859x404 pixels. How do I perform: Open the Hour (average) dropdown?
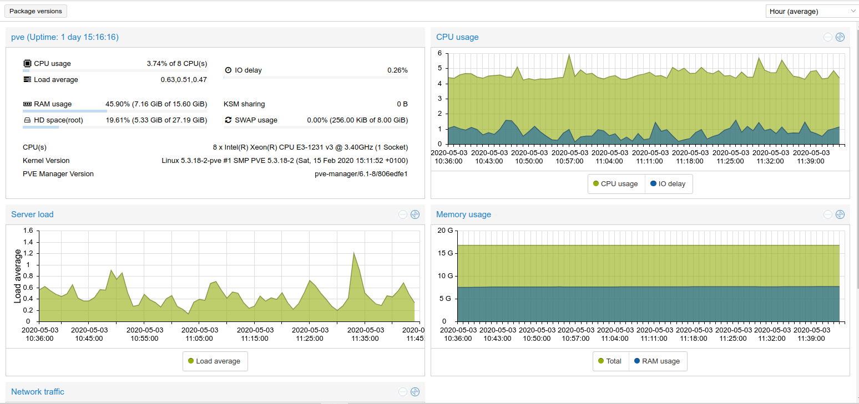(x=811, y=11)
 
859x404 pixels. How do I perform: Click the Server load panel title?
(x=32, y=214)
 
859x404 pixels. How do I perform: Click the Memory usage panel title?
(x=463, y=214)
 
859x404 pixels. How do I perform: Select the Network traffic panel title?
(x=38, y=392)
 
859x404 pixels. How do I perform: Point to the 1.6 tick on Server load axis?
(x=27, y=231)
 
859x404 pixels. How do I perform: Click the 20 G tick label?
(x=445, y=231)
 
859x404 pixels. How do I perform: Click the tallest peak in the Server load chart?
(x=354, y=253)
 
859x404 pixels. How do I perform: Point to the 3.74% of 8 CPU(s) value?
(x=176, y=64)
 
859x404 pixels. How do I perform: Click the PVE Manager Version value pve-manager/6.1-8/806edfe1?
(x=361, y=174)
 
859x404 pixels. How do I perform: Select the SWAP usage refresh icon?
(x=228, y=120)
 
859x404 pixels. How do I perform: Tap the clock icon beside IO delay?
(x=228, y=70)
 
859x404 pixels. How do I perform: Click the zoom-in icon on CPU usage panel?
(x=840, y=37)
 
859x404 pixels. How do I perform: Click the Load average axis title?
(x=18, y=276)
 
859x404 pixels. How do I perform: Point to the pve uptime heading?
(x=65, y=37)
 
